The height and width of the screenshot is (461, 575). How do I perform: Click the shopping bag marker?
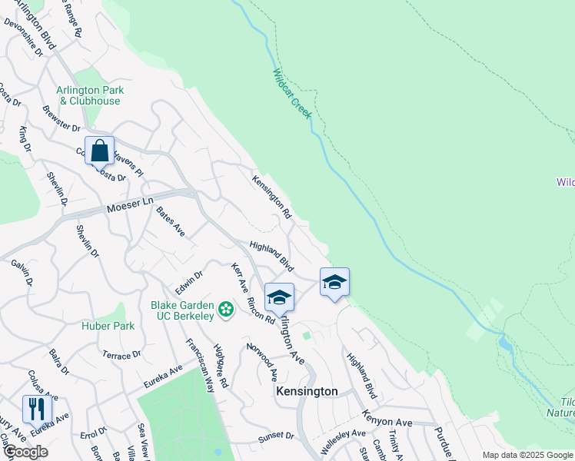(100, 151)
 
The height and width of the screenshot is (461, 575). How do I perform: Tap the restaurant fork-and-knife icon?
(37, 408)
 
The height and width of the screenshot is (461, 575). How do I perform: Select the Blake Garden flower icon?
(226, 309)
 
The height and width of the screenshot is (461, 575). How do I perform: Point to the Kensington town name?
(307, 391)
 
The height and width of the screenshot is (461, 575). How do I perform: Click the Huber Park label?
(108, 326)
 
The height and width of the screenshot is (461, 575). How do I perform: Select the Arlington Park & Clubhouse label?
(90, 95)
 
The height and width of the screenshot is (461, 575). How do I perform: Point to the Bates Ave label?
(171, 221)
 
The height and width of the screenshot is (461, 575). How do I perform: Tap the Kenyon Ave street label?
(388, 423)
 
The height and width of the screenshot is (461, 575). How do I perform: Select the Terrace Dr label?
(121, 355)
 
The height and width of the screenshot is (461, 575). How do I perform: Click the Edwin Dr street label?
(188, 282)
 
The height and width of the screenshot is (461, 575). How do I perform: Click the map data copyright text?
(527, 455)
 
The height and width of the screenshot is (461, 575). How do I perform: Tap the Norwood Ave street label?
(262, 362)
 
